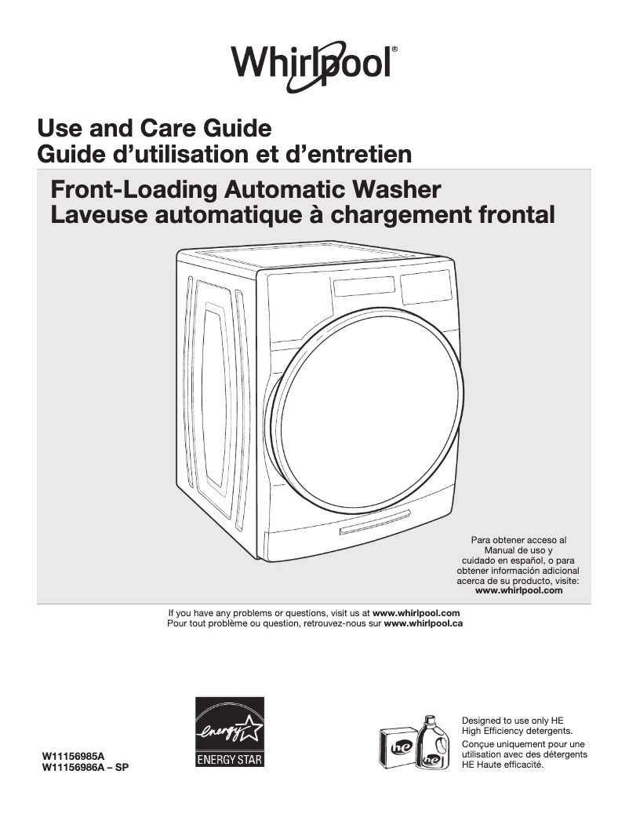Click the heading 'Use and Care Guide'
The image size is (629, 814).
click(155, 127)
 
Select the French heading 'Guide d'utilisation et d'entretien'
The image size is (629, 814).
click(224, 153)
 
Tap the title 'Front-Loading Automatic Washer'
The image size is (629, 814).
click(245, 190)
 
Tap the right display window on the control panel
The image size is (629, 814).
click(426, 287)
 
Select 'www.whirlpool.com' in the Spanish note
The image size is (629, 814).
click(519, 590)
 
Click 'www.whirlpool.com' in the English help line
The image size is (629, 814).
click(416, 612)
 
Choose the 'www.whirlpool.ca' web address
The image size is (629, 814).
click(423, 623)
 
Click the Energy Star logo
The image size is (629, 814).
click(229, 732)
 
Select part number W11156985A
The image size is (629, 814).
click(72, 757)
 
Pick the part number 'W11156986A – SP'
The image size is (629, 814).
click(85, 767)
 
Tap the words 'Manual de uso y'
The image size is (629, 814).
click(518, 550)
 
